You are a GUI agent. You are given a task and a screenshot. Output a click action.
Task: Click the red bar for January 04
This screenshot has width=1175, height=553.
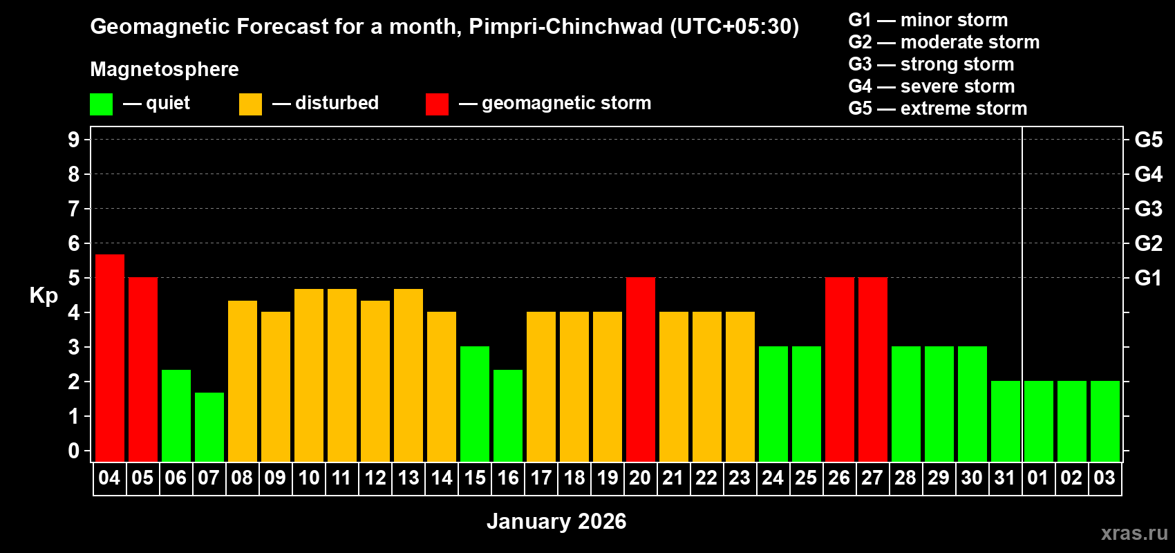[x=110, y=357]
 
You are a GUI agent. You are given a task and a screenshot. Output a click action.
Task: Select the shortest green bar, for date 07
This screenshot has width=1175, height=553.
[x=209, y=427]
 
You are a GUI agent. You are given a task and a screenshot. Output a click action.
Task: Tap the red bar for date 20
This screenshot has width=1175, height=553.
[x=641, y=369]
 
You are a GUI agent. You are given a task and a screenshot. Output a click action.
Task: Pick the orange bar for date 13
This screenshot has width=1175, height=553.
[x=408, y=375]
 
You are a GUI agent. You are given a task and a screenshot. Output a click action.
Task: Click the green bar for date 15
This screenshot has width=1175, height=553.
[x=475, y=404]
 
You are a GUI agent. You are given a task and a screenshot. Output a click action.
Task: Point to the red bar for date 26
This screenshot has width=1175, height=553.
[x=840, y=369]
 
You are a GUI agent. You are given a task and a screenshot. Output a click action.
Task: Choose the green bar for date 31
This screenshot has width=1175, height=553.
[x=1006, y=421]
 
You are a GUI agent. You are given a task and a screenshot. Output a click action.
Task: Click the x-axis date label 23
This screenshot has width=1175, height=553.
[x=740, y=478]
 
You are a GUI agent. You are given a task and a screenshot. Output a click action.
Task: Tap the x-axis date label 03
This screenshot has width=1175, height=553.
[x=1104, y=478]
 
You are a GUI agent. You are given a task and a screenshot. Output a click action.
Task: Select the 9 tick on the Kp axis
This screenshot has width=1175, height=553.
[x=74, y=140]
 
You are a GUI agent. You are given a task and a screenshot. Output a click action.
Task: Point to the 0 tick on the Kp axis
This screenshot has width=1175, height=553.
[x=74, y=451]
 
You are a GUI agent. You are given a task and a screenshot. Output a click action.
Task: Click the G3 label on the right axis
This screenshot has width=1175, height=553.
[x=1148, y=209]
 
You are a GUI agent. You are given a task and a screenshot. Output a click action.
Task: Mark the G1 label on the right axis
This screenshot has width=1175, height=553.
[x=1148, y=278]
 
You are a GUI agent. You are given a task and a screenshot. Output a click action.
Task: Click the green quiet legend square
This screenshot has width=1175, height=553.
[x=102, y=104]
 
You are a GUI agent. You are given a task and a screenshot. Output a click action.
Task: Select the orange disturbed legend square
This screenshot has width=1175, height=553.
[x=250, y=104]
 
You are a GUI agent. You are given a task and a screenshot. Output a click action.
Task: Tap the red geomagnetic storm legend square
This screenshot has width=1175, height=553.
[x=437, y=104]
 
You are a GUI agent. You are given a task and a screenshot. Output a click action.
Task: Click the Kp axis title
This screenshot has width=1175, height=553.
[x=44, y=296]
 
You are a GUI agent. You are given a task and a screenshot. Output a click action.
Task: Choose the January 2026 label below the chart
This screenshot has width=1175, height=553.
[x=556, y=521]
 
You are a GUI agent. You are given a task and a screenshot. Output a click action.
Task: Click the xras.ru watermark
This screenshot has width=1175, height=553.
[x=1134, y=533]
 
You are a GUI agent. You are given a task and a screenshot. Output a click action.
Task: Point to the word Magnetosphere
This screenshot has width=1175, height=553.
[x=164, y=69]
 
